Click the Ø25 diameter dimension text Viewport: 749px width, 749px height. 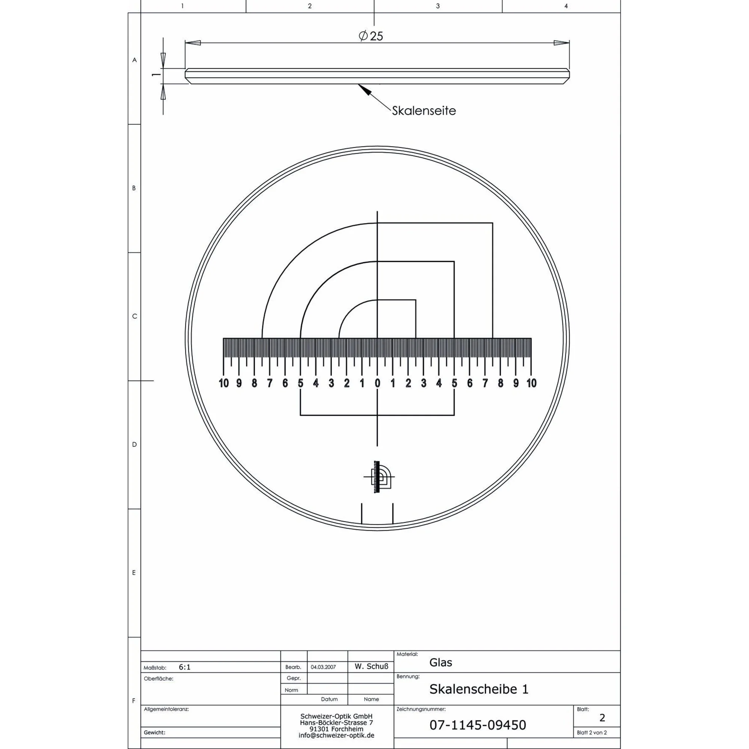[x=371, y=36]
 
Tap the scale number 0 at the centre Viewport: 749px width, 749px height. [x=377, y=383]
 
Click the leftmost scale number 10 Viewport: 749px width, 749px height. [x=224, y=383]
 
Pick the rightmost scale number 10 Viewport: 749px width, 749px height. [x=531, y=383]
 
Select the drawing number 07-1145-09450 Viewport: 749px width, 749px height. [x=477, y=725]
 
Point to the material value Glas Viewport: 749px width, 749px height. [x=440, y=662]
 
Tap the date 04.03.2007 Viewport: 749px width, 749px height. [x=323, y=667]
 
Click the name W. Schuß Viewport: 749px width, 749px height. [x=371, y=667]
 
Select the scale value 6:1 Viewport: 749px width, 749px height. [x=185, y=667]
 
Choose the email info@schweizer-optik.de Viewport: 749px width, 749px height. [x=337, y=736]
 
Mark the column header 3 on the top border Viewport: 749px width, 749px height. [x=438, y=6]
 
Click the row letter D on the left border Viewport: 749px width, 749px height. [x=134, y=444]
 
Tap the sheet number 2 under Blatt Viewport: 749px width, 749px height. [x=602, y=718]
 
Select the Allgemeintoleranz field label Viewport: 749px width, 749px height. [x=166, y=709]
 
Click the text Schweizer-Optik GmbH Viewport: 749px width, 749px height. [x=337, y=716]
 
